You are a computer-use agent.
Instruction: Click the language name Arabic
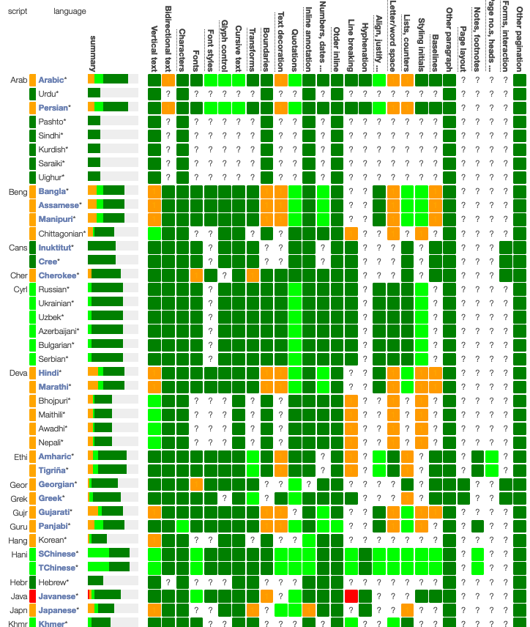tap(51, 80)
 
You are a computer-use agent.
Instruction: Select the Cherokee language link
tap(57, 275)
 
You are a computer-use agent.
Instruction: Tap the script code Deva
tap(18, 373)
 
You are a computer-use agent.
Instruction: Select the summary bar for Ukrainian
tap(113, 303)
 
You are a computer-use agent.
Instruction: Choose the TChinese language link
tap(57, 568)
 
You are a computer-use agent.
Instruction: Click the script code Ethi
tap(19, 456)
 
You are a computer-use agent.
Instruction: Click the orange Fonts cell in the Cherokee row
tap(196, 275)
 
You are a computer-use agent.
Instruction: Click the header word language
tap(70, 12)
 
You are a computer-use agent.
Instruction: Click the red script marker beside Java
tap(33, 596)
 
